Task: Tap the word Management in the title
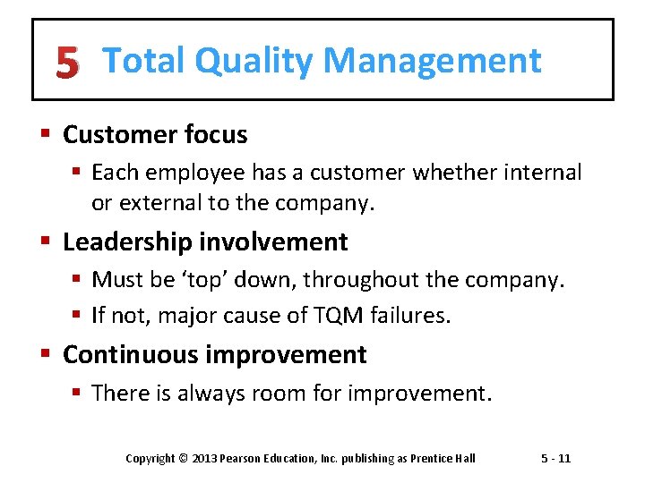pos(432,61)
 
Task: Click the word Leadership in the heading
pos(127,241)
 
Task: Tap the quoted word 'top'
pos(204,280)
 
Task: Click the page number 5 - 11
pos(555,459)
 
